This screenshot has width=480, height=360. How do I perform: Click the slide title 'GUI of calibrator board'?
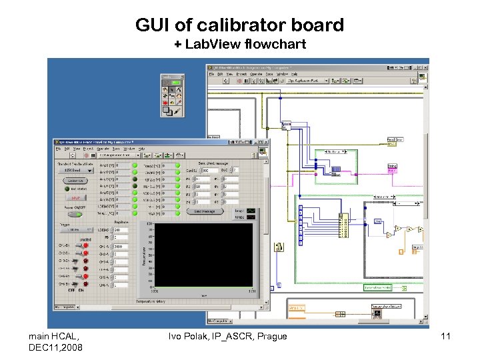point(239,25)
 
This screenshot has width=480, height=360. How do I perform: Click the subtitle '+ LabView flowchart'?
point(239,45)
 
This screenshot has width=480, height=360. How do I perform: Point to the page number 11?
point(445,337)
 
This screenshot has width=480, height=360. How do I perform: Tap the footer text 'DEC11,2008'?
point(56,347)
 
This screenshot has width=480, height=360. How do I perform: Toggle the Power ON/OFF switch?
point(75,213)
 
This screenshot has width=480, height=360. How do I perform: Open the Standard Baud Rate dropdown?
point(74,171)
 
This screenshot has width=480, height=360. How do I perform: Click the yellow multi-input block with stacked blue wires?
point(343,226)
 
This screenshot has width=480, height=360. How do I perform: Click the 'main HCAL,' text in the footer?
point(54,337)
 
